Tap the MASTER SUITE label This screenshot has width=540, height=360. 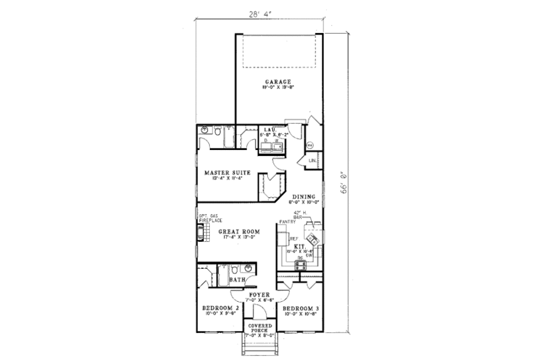tap(228, 173)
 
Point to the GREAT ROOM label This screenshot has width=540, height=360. tap(238, 230)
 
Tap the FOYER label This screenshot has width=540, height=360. tap(259, 295)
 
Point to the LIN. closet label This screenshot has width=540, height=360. tap(313, 160)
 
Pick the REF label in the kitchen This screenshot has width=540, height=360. tap(294, 239)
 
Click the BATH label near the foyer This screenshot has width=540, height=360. tap(237, 280)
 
